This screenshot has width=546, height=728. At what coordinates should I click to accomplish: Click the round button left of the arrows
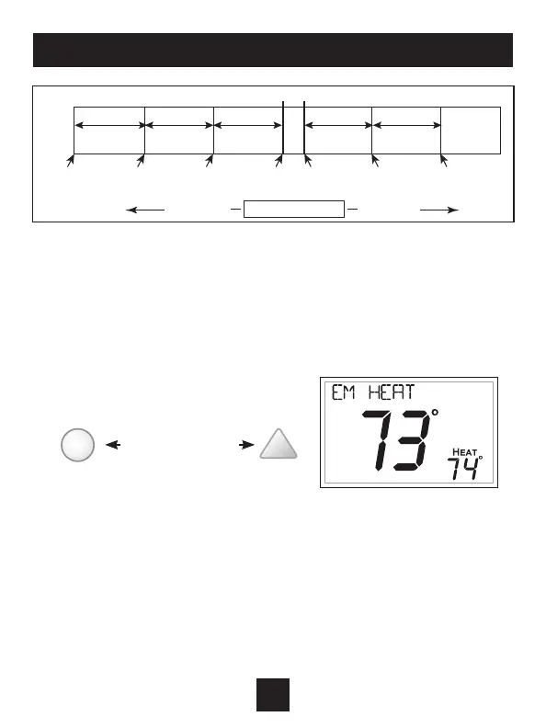[x=77, y=445]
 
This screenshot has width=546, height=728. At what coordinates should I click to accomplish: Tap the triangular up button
[x=279, y=445]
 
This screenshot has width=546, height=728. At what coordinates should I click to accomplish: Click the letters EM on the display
[x=344, y=392]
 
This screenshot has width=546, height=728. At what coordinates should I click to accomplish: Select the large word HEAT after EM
[x=392, y=392]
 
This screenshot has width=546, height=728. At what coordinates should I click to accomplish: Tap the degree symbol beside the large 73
[x=435, y=413]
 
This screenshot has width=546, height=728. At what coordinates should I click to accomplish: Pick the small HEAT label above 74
[x=465, y=452]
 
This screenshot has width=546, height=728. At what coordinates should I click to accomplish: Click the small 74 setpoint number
[x=463, y=469]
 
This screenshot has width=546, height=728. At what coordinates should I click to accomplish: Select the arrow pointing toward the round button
[x=113, y=445]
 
